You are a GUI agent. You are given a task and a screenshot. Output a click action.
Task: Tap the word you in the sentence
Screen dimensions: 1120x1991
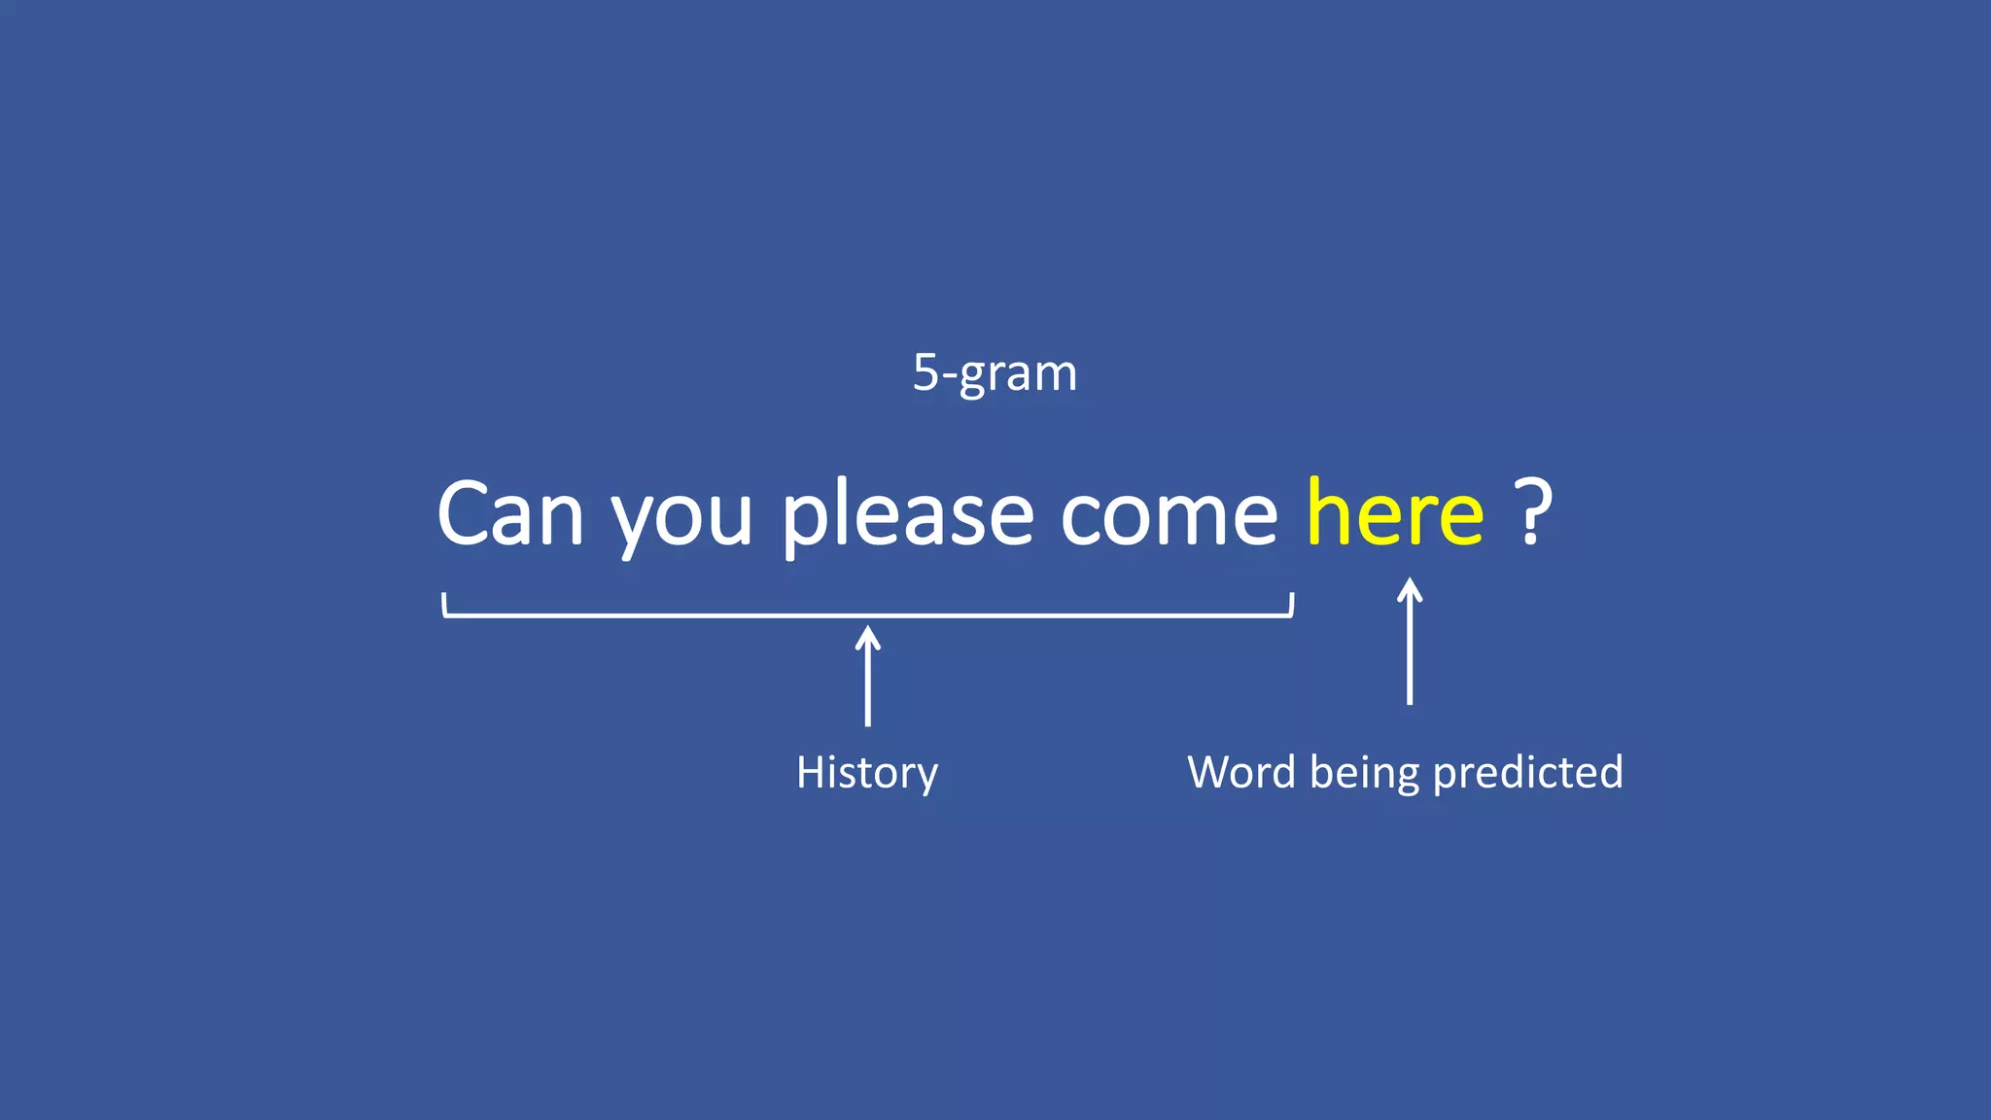tap(681, 520)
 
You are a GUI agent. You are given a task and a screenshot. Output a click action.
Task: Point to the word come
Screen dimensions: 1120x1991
tap(1169, 515)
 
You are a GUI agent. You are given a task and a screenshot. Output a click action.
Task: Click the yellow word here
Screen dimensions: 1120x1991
tap(1395, 512)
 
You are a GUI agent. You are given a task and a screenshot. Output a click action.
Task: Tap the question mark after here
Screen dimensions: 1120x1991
tap(1533, 512)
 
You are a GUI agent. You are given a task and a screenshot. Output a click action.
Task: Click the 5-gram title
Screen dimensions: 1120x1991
tap(995, 372)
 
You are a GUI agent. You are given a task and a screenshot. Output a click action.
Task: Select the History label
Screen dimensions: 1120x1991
tap(867, 773)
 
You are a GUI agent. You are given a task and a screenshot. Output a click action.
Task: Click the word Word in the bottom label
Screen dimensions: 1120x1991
tap(1241, 772)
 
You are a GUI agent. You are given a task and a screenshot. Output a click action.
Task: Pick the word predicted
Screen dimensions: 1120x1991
tap(1527, 772)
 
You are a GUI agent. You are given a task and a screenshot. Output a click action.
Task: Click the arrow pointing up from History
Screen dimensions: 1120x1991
tap(868, 681)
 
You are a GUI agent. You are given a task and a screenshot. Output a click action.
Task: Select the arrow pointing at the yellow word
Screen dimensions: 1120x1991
tap(1410, 647)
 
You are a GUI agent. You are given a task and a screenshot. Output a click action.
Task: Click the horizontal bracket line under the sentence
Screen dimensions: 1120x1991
tap(681, 615)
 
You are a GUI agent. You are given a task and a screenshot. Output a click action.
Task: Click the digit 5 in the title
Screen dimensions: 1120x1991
tap(925, 372)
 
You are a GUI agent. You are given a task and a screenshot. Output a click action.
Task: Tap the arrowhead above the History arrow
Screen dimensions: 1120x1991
tap(868, 636)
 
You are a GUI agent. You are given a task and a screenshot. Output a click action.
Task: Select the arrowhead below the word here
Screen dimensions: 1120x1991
tap(1410, 588)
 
